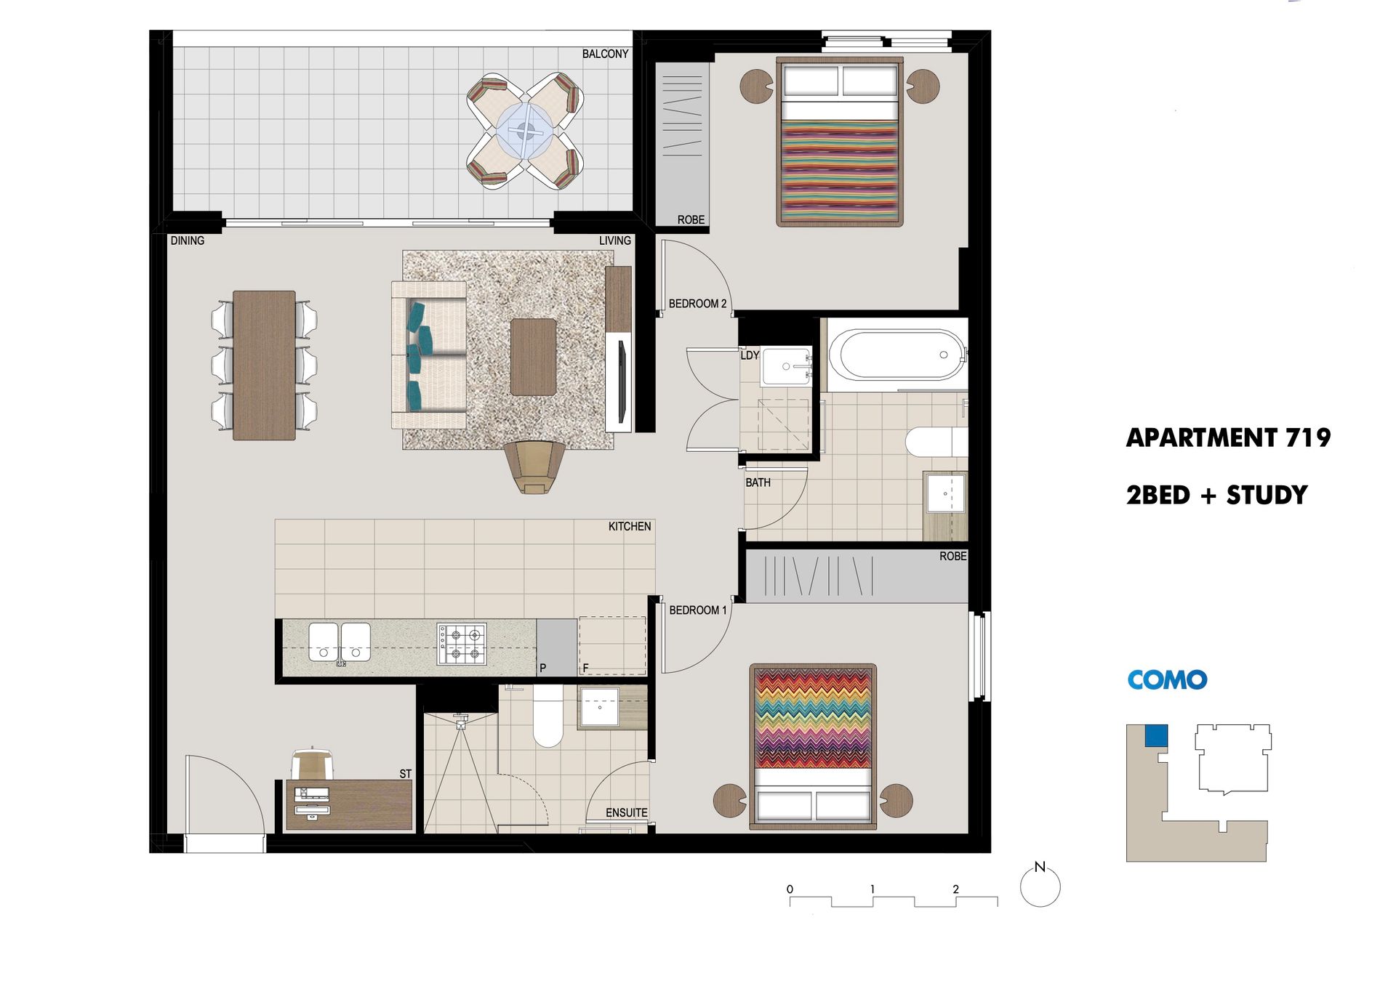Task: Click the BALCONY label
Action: (x=605, y=54)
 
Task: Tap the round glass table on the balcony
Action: (x=525, y=132)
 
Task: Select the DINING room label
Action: (x=188, y=241)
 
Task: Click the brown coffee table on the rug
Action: (x=533, y=357)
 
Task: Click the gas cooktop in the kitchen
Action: (x=462, y=644)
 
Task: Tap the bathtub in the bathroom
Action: (x=899, y=355)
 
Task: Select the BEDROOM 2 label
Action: (x=697, y=304)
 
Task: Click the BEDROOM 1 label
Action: (x=698, y=610)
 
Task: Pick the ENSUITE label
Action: (x=626, y=812)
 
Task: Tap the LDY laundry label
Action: (x=750, y=355)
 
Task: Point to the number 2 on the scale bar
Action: (x=955, y=889)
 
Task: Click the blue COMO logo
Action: (x=1167, y=679)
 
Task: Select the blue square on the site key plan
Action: (x=1156, y=735)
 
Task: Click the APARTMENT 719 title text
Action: (x=1228, y=437)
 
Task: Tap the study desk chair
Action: (x=313, y=763)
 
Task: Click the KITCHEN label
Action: (x=630, y=526)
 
